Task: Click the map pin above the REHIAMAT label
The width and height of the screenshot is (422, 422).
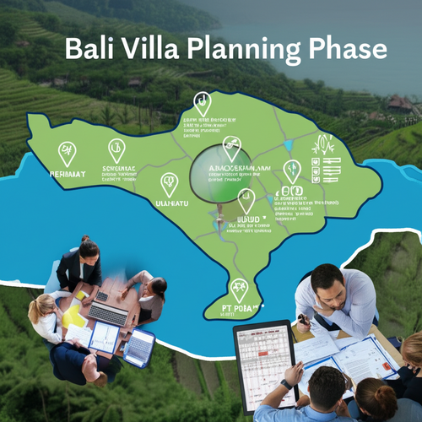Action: tap(67, 153)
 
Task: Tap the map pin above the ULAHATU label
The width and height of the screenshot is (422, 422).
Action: tap(170, 183)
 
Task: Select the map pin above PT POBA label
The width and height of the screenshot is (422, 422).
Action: tap(240, 289)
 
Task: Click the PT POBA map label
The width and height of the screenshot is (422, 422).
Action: tap(240, 310)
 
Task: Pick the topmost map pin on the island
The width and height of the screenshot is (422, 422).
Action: tap(202, 103)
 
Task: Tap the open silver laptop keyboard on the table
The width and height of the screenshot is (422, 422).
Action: tap(108, 313)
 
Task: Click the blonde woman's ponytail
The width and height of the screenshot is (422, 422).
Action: tap(35, 306)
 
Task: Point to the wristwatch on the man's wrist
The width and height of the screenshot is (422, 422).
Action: tap(287, 384)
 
